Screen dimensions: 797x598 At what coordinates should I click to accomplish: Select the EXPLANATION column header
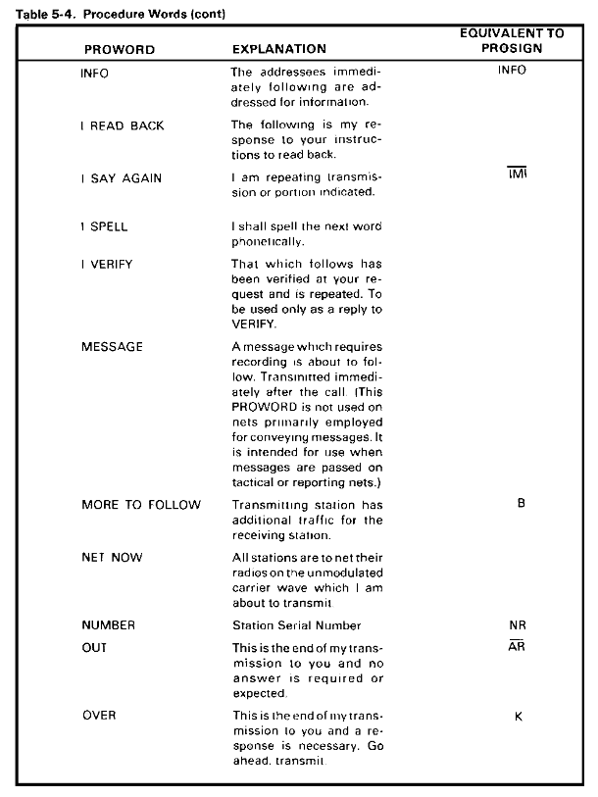click(279, 49)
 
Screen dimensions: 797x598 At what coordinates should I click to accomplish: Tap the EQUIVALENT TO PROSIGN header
click(512, 40)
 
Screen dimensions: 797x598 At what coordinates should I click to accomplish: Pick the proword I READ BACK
click(123, 125)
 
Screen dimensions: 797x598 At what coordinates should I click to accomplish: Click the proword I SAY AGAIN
click(122, 178)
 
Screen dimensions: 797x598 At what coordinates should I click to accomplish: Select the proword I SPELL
click(104, 226)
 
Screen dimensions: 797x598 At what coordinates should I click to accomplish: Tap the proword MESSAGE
click(112, 347)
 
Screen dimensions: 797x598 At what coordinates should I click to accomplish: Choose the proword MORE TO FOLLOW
click(141, 505)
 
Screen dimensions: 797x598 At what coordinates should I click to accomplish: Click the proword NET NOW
click(112, 558)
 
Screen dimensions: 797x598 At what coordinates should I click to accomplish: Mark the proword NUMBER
click(108, 624)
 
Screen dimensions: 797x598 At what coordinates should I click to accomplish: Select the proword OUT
click(94, 648)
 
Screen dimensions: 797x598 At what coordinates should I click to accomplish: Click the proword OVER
click(98, 716)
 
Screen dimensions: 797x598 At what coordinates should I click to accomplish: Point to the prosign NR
click(518, 624)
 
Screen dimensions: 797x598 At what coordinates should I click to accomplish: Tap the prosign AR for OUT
click(518, 648)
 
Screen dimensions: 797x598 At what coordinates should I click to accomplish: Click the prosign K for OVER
click(518, 717)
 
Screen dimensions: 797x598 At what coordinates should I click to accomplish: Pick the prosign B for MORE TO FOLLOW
click(521, 505)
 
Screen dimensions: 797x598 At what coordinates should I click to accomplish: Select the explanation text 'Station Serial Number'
click(297, 625)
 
